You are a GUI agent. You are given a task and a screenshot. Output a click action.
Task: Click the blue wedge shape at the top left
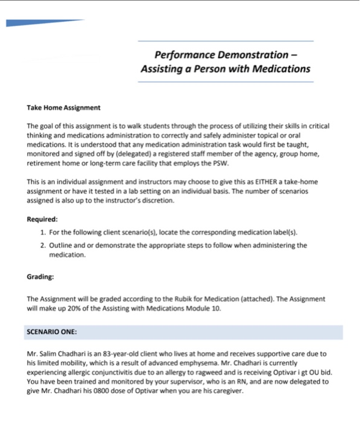36,23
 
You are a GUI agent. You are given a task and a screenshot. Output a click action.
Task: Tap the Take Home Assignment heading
64,108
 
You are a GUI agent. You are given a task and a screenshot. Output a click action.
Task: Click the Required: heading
42,219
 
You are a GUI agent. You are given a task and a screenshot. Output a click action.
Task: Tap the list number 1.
43,233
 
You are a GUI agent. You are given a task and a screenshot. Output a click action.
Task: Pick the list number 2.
43,246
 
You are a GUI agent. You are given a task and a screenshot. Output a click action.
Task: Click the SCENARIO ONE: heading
53,332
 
